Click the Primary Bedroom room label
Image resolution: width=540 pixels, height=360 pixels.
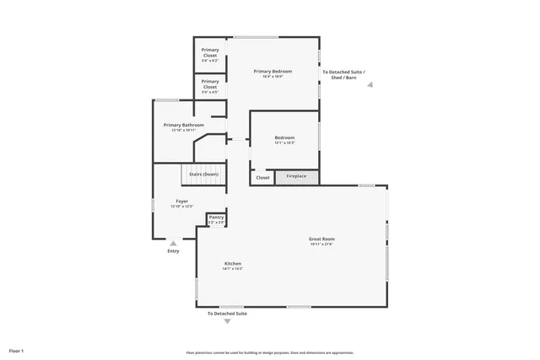[273, 72]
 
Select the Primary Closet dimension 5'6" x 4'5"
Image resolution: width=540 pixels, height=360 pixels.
[210, 88]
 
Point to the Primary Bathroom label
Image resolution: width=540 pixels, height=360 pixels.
[183, 125]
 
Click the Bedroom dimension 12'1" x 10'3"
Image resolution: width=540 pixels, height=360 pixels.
[284, 142]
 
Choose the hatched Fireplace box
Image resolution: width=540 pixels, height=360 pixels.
[296, 177]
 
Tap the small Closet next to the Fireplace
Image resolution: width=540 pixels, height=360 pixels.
[262, 177]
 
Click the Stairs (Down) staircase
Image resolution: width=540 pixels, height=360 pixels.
[203, 175]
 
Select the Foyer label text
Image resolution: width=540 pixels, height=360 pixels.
[181, 201]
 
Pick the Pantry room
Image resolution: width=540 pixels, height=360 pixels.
[217, 219]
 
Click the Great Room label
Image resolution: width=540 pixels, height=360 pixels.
[321, 239]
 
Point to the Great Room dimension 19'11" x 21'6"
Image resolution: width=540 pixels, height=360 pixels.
[321, 244]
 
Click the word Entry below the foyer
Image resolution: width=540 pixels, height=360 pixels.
[173, 251]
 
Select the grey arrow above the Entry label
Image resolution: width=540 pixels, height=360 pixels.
[173, 243]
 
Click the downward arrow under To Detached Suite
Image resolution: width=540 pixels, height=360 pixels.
[227, 321]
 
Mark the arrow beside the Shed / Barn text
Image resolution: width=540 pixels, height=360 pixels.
[370, 84]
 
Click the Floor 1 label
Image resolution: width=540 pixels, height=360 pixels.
[17, 350]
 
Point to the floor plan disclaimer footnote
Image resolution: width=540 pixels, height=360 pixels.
[270, 352]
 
